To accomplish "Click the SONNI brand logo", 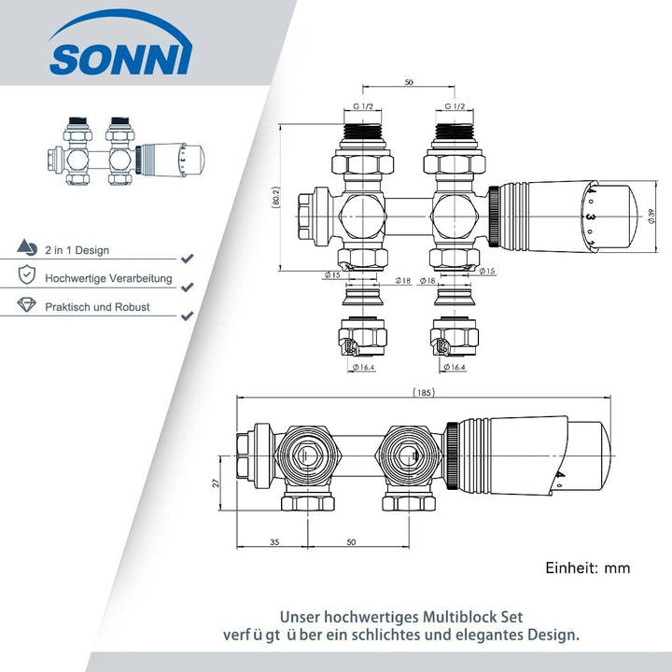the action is [120, 44].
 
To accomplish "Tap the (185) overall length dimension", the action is [424, 392].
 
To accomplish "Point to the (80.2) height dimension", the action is [276, 197].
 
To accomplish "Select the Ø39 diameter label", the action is [651, 216].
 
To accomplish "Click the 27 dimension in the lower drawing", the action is [216, 483].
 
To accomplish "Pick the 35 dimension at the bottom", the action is [274, 541].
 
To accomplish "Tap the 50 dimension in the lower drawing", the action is [351, 541].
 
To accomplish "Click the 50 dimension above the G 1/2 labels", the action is [409, 82].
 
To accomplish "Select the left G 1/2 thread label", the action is [363, 106].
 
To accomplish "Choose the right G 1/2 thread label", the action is [455, 106].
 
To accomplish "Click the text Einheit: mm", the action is [588, 567].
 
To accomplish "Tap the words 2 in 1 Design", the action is [77, 250].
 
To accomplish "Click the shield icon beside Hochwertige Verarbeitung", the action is [26, 274].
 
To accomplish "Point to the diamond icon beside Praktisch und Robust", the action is [26, 304].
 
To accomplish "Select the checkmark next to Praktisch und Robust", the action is [187, 315].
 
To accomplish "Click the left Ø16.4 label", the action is [363, 367].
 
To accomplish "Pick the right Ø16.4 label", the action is [455, 367].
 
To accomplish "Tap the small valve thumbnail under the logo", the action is [126, 151].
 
